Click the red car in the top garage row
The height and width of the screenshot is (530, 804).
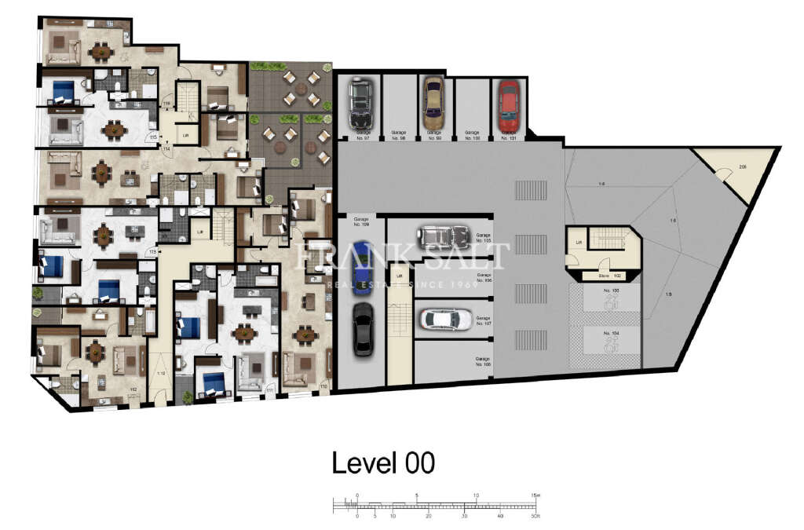coord(508,106)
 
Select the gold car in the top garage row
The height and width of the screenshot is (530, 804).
coord(433,103)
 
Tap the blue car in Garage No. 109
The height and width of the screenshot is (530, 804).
coord(362,269)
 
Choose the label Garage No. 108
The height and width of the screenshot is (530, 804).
coord(482,361)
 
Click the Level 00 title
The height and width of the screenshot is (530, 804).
coord(383,462)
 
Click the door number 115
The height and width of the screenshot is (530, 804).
coord(155,137)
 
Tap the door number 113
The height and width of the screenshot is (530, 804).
coord(153,251)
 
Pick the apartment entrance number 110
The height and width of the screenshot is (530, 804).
coord(323,386)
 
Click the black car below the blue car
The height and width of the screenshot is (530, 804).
coord(362,329)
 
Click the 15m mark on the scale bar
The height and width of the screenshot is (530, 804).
coord(535,495)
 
